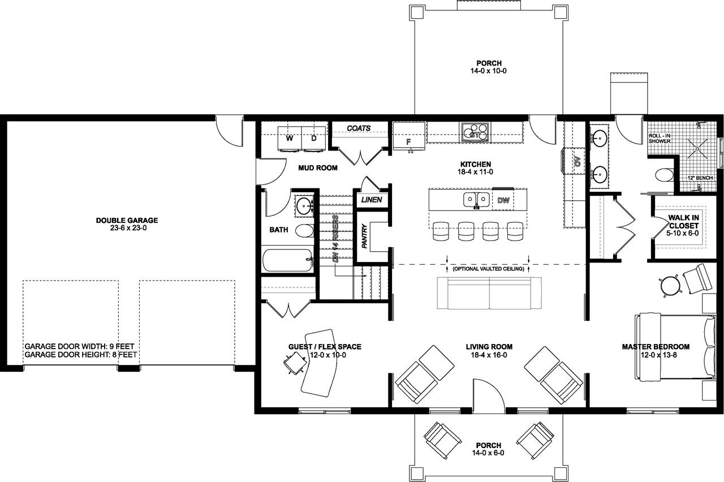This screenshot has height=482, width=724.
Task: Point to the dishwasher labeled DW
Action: tap(503, 200)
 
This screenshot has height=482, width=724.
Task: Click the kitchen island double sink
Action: tap(477, 200)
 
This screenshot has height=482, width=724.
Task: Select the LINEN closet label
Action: tap(372, 200)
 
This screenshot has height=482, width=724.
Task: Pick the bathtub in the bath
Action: tap(287, 261)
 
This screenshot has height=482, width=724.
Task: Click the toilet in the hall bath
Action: tap(304, 231)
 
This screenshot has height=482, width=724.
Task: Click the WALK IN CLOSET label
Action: tap(684, 225)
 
